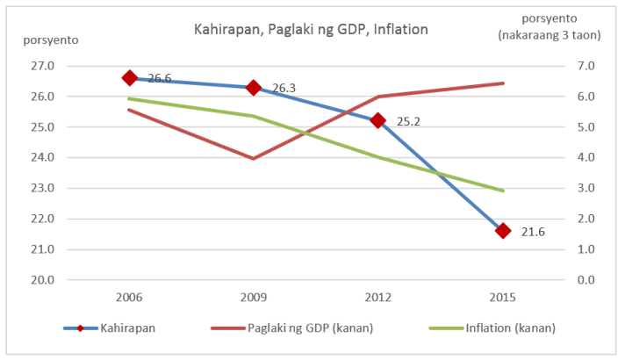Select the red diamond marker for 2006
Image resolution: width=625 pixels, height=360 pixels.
[x=130, y=78]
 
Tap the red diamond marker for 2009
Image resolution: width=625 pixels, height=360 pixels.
[x=255, y=87]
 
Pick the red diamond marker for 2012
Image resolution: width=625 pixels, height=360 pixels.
[x=378, y=120]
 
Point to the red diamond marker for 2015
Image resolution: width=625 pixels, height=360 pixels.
[x=503, y=230]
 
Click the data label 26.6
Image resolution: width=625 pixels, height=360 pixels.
[x=160, y=78]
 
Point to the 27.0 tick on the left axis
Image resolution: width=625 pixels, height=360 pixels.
[x=43, y=66]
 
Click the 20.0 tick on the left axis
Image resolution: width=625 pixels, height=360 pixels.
[x=43, y=280]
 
